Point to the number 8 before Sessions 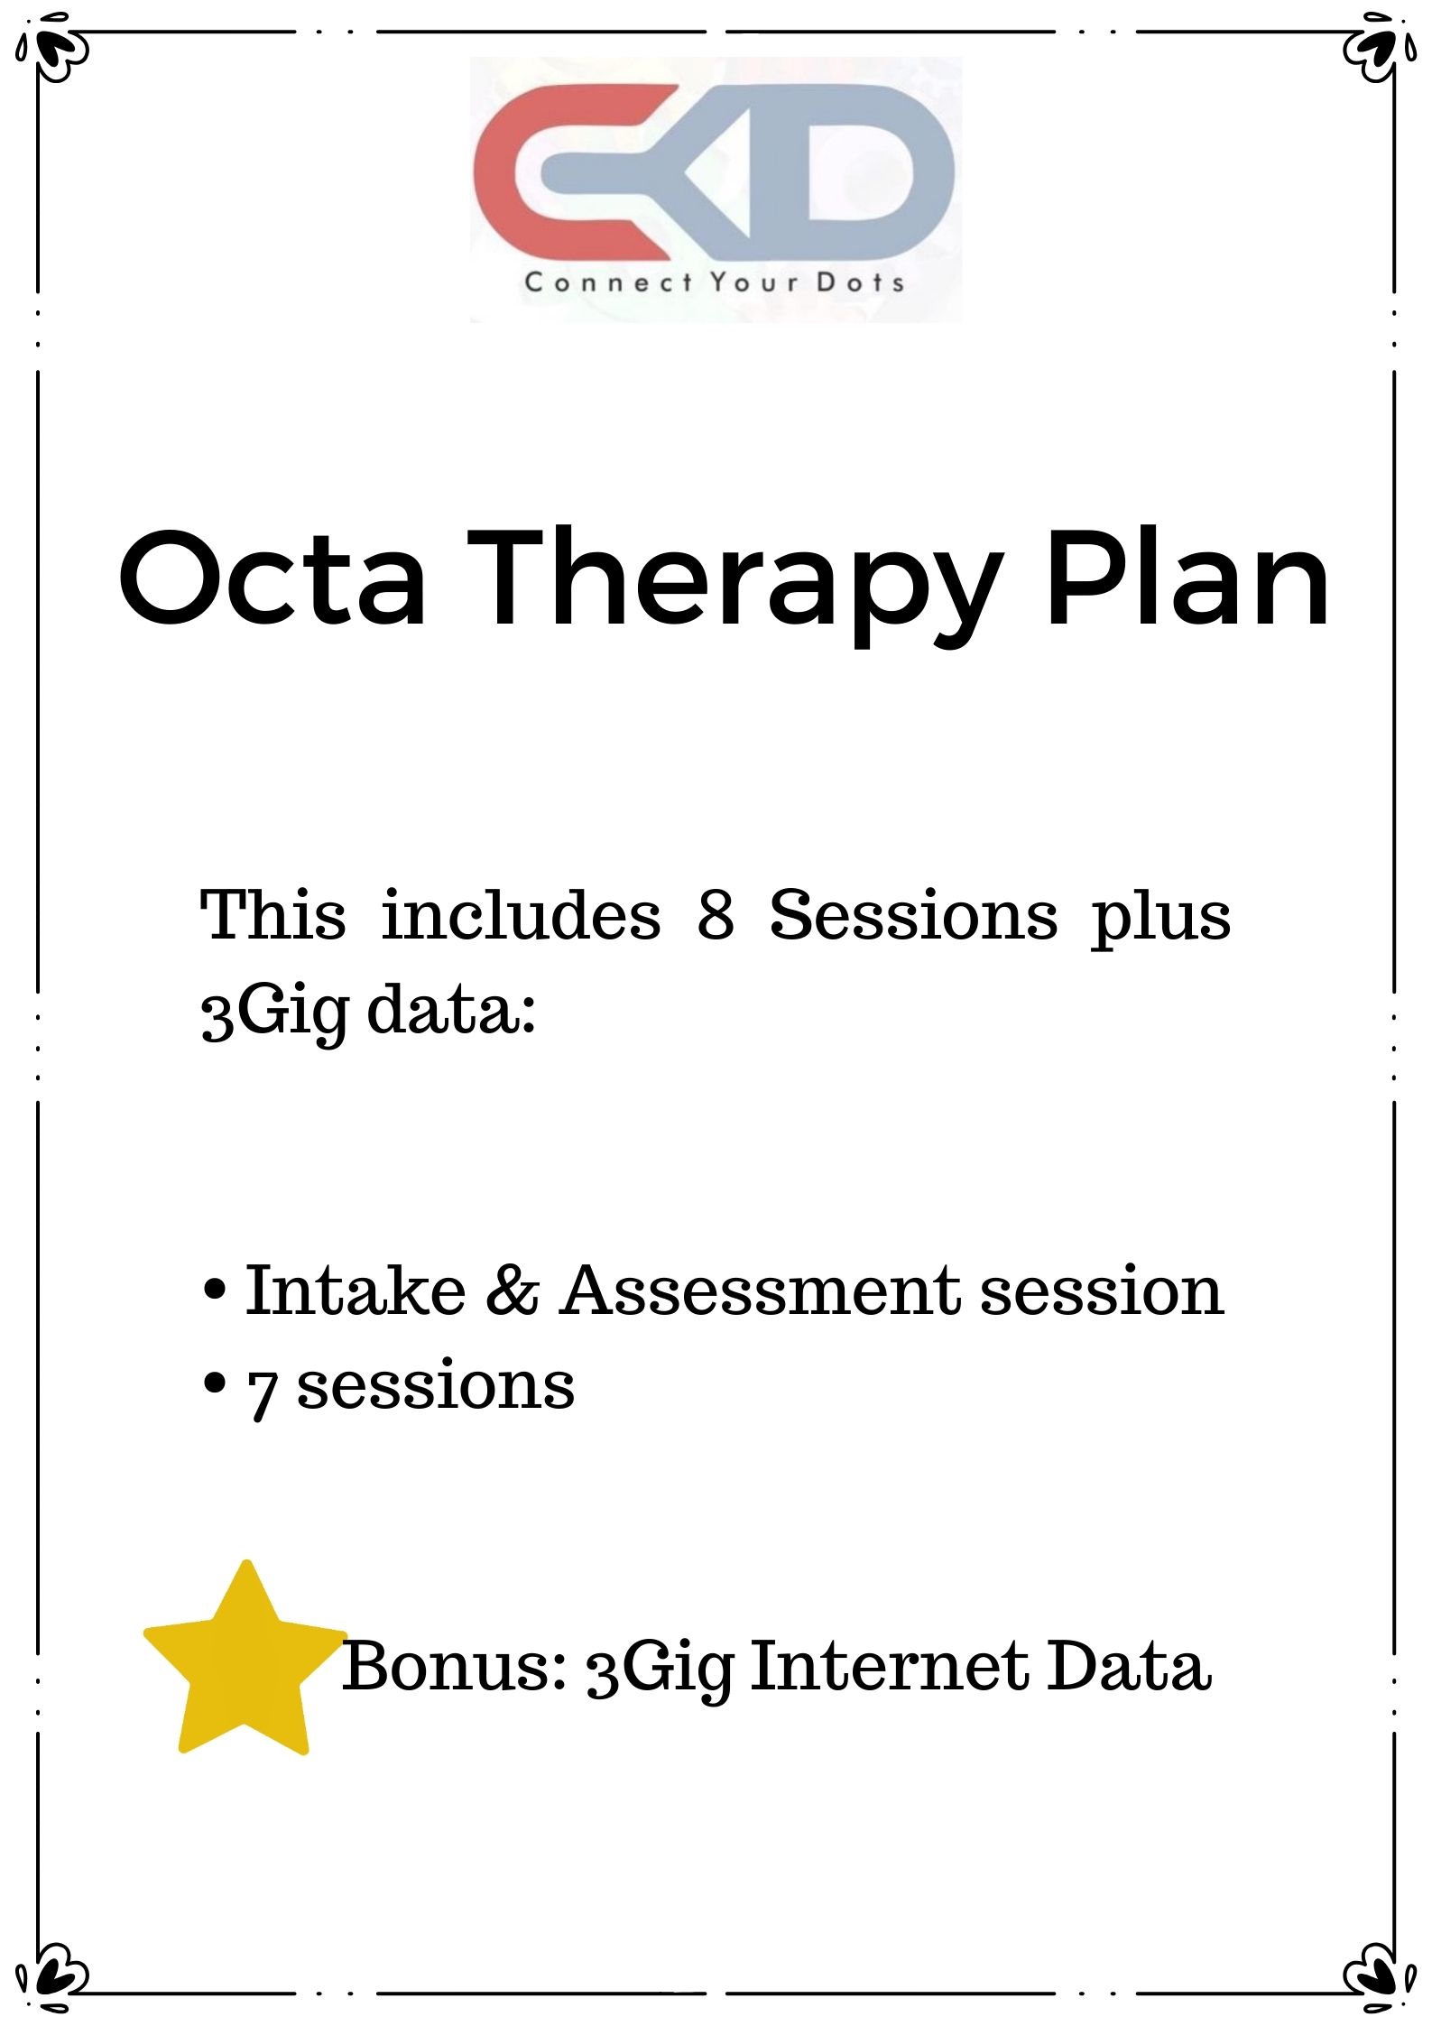pyautogui.click(x=715, y=915)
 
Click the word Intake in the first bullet pyautogui.click(x=355, y=1291)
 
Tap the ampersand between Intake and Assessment pyautogui.click(x=512, y=1291)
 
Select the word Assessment pyautogui.click(x=761, y=1291)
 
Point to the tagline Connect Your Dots pyautogui.click(x=714, y=282)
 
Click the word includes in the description pyautogui.click(x=521, y=915)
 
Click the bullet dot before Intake pyautogui.click(x=215, y=1291)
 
